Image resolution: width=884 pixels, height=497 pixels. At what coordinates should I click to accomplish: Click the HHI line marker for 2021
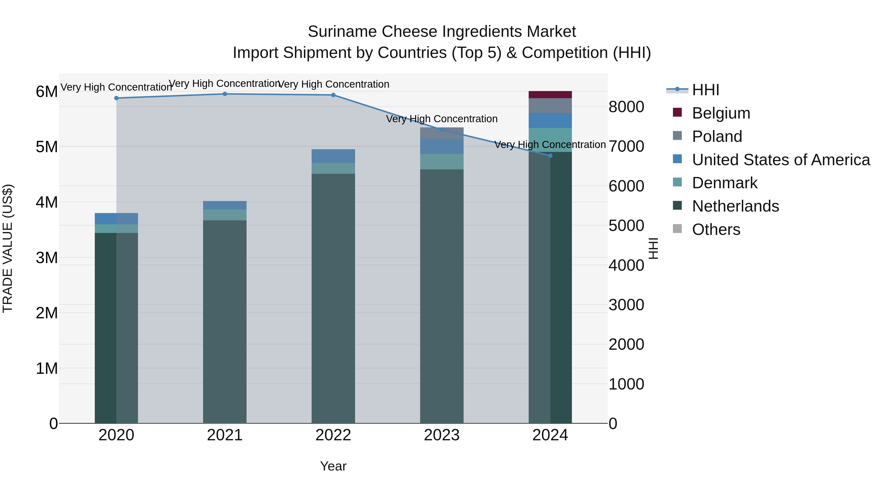(225, 94)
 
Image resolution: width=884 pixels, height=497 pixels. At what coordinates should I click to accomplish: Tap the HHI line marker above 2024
(550, 156)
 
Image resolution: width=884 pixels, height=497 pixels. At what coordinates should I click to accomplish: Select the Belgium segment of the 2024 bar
(550, 95)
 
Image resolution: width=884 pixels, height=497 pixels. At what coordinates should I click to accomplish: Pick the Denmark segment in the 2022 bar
(333, 168)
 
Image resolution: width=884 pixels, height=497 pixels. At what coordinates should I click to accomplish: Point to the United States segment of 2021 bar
(225, 205)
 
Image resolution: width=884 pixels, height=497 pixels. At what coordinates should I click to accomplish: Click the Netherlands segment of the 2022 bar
(333, 298)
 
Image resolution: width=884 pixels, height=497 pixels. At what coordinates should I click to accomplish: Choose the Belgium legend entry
(721, 113)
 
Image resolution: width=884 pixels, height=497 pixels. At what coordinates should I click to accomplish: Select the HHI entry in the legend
(705, 90)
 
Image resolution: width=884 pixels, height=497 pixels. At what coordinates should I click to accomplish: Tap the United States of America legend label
(781, 160)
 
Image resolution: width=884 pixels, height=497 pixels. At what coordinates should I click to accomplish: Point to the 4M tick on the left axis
(47, 202)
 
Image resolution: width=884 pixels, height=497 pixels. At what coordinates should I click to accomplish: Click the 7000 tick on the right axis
(626, 147)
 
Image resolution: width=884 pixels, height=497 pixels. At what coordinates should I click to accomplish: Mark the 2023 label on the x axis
(442, 435)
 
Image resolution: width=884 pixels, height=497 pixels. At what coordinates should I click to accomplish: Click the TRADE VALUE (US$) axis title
(8, 248)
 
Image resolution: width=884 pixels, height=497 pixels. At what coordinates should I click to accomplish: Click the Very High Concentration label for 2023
(442, 119)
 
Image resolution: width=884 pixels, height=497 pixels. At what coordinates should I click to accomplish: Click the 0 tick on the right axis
(613, 424)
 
